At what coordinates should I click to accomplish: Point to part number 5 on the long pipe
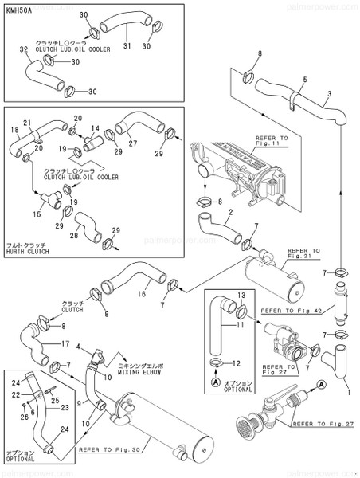[x=304, y=80]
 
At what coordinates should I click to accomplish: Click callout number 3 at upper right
[x=328, y=94]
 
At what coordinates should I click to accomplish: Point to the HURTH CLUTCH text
[x=27, y=253]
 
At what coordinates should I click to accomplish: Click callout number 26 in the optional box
[x=23, y=415]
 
